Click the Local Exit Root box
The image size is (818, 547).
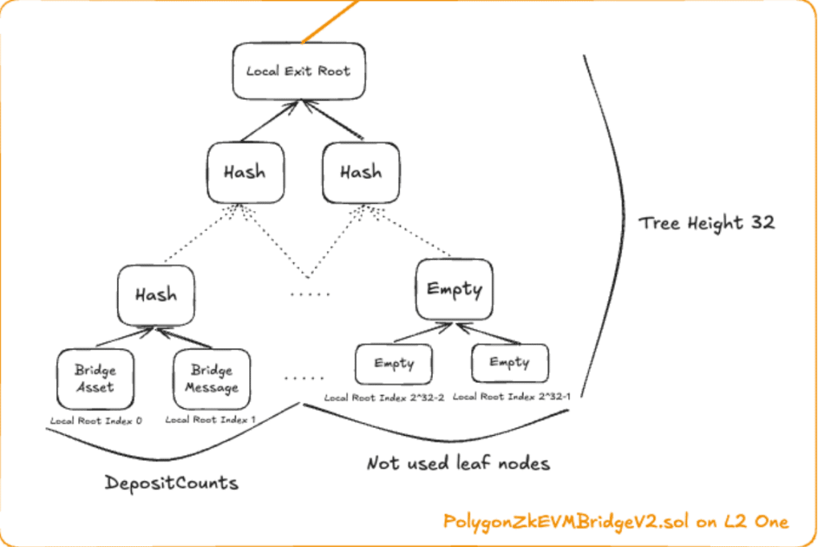coord(298,70)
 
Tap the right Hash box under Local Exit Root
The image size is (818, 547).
coord(360,172)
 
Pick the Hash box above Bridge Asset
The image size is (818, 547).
coord(156,295)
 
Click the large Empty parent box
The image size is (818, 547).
coord(454,289)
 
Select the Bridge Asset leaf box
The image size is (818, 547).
coord(96,379)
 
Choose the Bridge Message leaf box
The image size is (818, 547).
coord(212,379)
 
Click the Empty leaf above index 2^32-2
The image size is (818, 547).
coord(394,363)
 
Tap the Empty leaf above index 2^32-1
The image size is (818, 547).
coord(510,362)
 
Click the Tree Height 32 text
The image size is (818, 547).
coord(706,222)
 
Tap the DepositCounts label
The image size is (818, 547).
coord(172,483)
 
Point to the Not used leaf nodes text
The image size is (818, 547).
coord(458,463)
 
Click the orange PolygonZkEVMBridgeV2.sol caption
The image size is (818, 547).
coord(616,522)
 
